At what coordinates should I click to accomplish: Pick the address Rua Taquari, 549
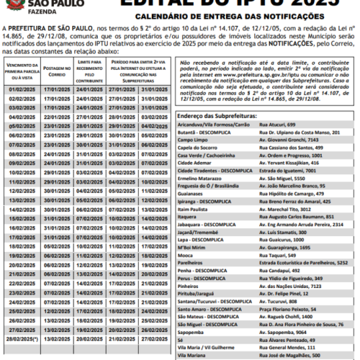pyautogui.click(x=280, y=255)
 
